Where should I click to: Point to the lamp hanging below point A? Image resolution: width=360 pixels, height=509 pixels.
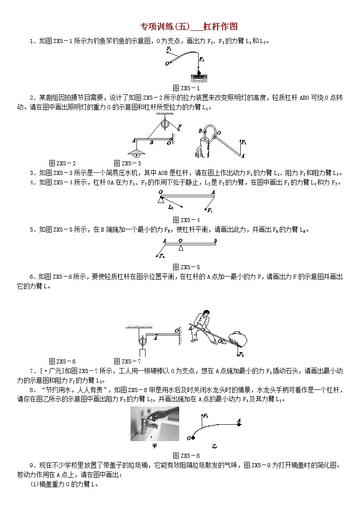136,154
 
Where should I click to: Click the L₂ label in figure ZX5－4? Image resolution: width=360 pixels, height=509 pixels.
170,207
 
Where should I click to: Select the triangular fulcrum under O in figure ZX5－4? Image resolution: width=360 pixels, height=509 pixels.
161,200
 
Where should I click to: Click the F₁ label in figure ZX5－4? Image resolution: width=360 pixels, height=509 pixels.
210,210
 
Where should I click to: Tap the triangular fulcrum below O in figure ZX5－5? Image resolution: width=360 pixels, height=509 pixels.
181,248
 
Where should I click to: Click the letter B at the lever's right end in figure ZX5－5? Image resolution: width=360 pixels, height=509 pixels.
215,241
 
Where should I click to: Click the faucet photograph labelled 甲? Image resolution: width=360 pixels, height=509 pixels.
155,424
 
